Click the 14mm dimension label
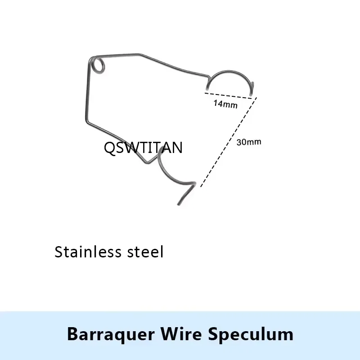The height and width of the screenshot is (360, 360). coord(225,104)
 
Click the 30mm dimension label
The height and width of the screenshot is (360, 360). coord(249,142)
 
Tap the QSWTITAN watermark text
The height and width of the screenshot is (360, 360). coord(143,148)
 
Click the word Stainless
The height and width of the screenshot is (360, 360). coord(88,252)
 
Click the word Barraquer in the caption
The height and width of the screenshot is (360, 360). coord(111,334)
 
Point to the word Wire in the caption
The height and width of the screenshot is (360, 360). coord(181,333)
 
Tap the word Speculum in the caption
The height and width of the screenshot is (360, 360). coord(251,334)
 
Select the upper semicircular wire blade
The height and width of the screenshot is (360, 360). coord(229,72)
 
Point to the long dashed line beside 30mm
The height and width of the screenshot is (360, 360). coord(229,142)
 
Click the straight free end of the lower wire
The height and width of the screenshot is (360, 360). coord(186,194)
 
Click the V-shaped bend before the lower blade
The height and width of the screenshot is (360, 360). coord(147,162)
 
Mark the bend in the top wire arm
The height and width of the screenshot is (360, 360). coord(140,54)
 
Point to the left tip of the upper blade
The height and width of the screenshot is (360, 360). coord(207,89)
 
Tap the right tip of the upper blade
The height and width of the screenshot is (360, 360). coord(251,94)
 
